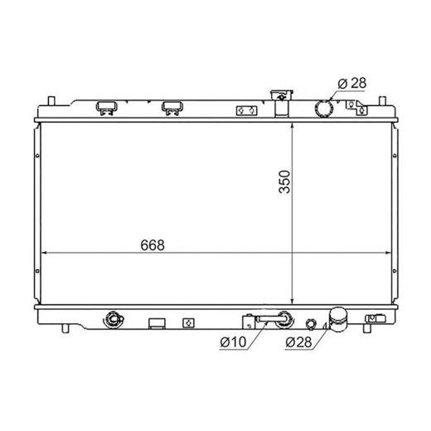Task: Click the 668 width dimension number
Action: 153,245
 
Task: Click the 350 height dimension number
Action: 285,182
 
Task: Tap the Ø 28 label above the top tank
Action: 352,83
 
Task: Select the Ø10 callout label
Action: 233,342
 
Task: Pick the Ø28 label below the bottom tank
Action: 298,342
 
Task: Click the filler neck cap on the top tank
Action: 282,94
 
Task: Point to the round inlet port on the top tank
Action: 324,109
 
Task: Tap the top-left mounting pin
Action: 51,100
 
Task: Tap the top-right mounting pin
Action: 382,100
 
